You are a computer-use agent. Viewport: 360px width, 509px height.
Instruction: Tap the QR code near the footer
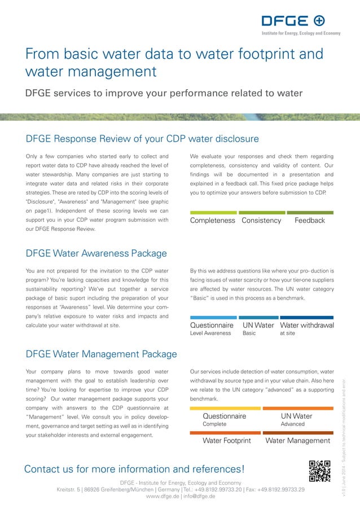pos(319,471)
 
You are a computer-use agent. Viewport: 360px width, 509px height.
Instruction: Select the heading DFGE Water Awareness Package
pos(96,253)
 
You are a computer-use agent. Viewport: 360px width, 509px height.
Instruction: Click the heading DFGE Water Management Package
pos(102,354)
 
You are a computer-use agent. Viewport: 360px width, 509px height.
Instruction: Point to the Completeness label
pos(213,221)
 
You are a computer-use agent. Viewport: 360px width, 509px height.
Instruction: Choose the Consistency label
pos(261,221)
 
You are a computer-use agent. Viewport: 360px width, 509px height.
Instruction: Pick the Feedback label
pos(310,221)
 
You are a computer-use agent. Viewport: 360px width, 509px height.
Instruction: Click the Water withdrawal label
pos(307,326)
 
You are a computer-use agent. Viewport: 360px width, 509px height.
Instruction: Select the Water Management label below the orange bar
pos(297,440)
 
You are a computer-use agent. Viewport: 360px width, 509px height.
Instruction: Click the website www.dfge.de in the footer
pos(162,497)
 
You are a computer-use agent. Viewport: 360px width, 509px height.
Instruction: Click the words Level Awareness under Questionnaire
pos(210,334)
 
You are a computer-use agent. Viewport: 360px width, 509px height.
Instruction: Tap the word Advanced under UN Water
pos(292,424)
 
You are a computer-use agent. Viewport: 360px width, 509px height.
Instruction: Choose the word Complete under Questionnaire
pos(214,424)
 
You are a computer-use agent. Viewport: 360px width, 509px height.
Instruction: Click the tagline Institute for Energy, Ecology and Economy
pos(301,33)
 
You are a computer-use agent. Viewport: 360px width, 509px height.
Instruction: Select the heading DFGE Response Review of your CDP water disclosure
pos(142,139)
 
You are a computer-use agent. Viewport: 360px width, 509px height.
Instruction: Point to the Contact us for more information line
pos(134,469)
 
